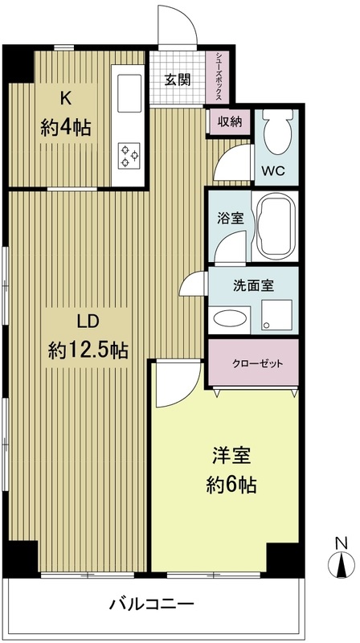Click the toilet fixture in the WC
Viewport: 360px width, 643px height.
click(x=276, y=133)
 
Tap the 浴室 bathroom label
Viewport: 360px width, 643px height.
click(x=228, y=218)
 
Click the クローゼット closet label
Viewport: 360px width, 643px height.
click(x=255, y=362)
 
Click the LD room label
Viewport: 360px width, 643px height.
click(x=88, y=322)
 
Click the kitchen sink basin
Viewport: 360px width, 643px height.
click(x=129, y=94)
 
